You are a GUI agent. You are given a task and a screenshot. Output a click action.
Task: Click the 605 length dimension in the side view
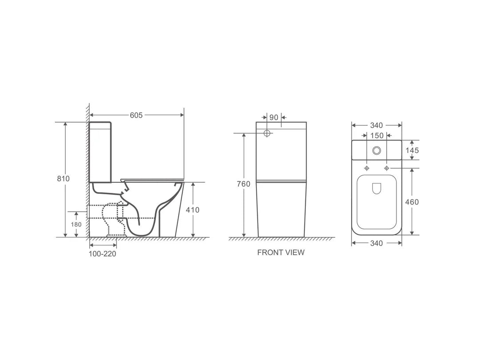tap(136, 115)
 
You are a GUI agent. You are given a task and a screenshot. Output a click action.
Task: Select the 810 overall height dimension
tap(64, 178)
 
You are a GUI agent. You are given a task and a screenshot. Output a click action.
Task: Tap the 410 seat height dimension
tap(192, 210)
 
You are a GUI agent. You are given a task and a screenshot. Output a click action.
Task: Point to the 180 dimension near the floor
tap(76, 224)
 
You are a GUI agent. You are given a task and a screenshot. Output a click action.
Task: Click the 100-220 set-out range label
tap(103, 254)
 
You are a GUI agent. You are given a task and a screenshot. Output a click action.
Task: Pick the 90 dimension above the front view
tap(273, 117)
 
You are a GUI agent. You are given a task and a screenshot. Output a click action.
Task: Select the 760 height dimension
tap(244, 184)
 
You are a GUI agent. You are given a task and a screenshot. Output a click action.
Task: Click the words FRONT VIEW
tap(281, 252)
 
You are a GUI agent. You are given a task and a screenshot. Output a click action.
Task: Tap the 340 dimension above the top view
tap(376, 125)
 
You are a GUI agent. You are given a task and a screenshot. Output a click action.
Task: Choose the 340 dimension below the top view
tap(376, 243)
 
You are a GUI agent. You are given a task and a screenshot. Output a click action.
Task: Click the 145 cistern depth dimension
tap(412, 150)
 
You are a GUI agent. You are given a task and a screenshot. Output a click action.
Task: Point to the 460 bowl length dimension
tap(412, 202)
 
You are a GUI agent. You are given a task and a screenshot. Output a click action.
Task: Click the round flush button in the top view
tap(377, 150)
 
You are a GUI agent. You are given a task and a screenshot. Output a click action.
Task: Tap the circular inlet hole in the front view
tap(267, 133)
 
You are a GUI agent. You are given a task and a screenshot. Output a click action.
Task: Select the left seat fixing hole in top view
tap(367, 168)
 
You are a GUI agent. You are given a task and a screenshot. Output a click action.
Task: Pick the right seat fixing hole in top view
tap(387, 168)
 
